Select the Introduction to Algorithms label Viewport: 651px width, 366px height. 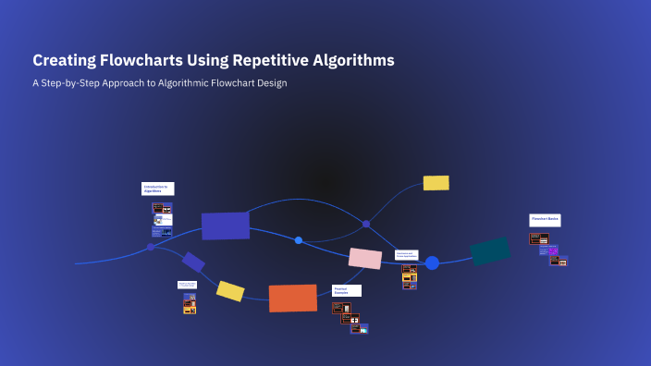[157, 189]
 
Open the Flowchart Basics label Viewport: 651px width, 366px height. [545, 220]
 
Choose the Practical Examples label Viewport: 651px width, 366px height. [347, 290]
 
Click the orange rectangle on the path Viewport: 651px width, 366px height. [292, 298]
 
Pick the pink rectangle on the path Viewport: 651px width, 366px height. [365, 259]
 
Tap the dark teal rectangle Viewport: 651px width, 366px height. [490, 250]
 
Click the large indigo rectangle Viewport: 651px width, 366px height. [226, 226]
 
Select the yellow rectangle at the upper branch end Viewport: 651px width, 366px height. [436, 183]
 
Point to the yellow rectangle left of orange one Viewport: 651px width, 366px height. [230, 291]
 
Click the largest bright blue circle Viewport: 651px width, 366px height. [432, 262]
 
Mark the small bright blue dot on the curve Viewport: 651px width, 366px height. [299, 240]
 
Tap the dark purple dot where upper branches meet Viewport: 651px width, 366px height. [366, 224]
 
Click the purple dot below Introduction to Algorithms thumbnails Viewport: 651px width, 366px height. [151, 248]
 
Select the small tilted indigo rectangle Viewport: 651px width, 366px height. [193, 262]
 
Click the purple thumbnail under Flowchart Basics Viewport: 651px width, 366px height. [554, 250]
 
